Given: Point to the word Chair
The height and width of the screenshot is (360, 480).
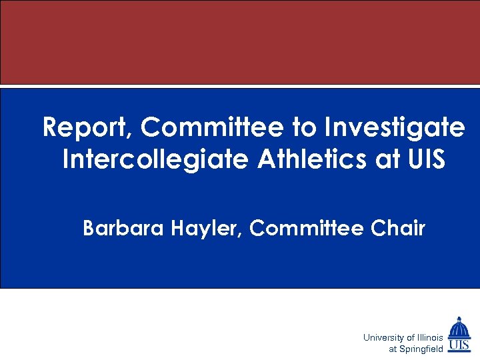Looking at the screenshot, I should coord(396,229).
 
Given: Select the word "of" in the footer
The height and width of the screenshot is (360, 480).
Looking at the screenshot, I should coord(411,338).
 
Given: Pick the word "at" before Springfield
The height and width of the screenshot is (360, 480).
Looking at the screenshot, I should coord(393,349).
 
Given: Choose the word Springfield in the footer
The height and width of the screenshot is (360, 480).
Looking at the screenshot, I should coord(421,349).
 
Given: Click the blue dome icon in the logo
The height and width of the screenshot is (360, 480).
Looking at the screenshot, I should coord(459,328).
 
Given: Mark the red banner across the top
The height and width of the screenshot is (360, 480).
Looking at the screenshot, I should coord(240,42).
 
